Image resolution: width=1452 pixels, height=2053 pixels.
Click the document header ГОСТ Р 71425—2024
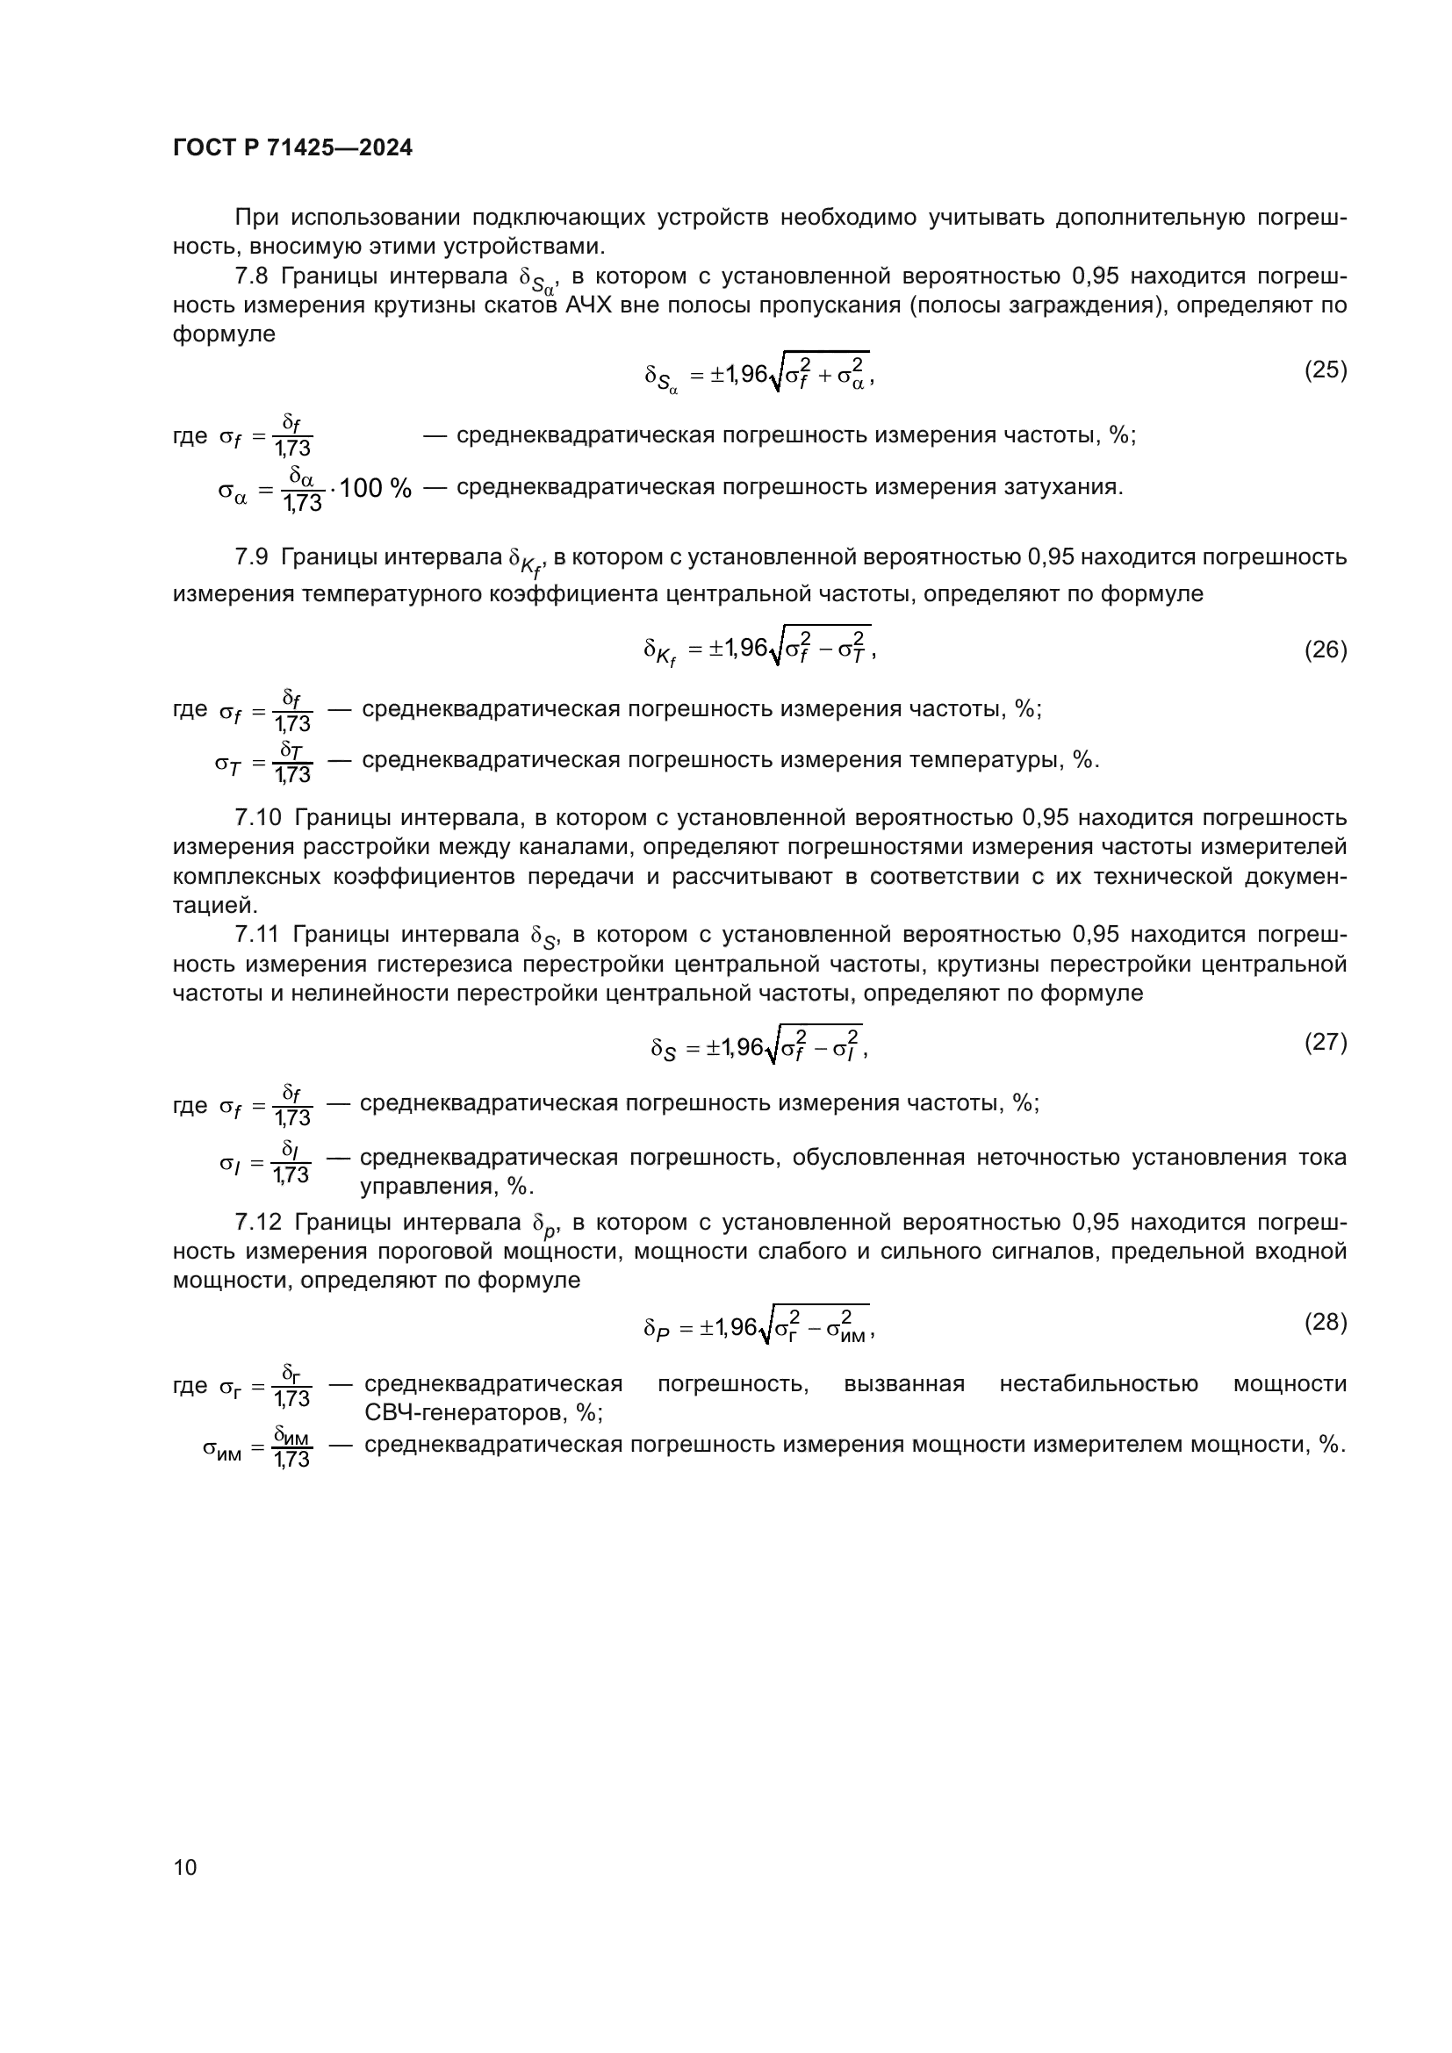click(292, 148)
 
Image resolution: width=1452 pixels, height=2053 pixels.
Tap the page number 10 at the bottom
click(185, 1867)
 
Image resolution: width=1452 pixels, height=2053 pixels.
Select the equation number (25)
click(1325, 370)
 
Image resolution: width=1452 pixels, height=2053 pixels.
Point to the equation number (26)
click(1325, 650)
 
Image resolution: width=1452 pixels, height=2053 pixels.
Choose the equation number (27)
click(1325, 1043)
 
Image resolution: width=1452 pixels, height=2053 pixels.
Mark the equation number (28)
click(1325, 1323)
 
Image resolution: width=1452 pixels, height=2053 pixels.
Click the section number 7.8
click(251, 276)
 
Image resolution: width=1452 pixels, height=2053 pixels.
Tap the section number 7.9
click(251, 557)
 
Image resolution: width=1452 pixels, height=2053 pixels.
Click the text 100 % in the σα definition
click(376, 488)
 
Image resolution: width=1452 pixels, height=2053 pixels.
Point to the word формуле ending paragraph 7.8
click(224, 334)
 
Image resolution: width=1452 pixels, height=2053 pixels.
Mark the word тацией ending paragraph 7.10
click(214, 906)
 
